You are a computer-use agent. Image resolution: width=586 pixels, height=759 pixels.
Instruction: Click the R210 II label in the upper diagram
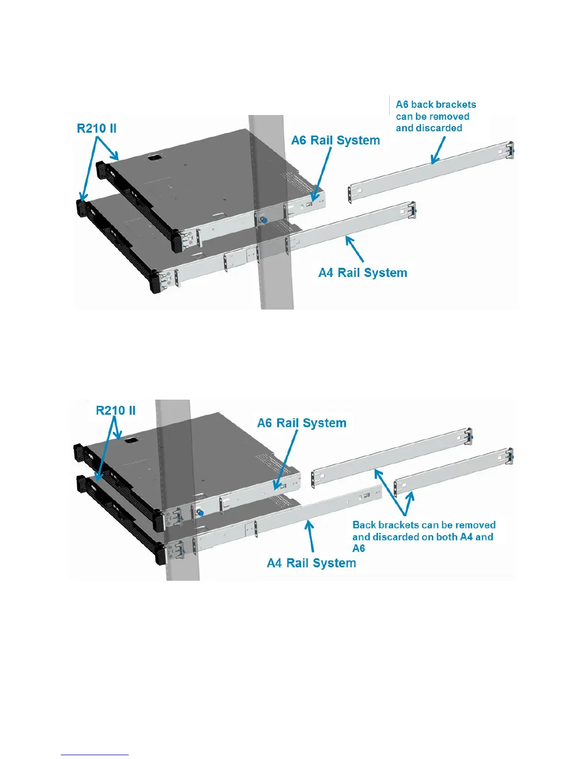pos(97,128)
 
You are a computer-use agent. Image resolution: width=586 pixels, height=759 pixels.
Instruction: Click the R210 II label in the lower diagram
pos(116,411)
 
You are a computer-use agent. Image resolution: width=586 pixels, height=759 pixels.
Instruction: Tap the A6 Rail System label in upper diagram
pos(336,140)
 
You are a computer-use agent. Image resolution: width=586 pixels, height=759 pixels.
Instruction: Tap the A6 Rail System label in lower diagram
pos(302,423)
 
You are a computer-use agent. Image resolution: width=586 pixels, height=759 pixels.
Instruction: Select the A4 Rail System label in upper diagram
pos(363,273)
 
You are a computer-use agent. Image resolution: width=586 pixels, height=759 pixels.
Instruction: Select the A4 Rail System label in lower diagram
pos(311,563)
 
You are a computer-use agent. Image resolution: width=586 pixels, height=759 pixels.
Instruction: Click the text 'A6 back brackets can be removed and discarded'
pos(436,116)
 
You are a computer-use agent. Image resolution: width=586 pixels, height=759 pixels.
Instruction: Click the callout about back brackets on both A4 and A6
pos(424,537)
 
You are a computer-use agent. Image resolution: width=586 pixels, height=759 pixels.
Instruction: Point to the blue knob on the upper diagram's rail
pos(264,219)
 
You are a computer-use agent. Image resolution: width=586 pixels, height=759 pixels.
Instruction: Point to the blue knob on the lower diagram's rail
pos(201,513)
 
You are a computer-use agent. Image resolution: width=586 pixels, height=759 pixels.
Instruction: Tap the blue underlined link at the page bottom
pos(95,755)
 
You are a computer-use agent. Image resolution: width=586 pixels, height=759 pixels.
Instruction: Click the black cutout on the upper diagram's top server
pos(153,157)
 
